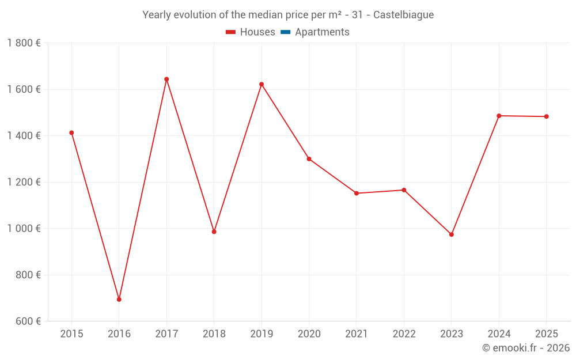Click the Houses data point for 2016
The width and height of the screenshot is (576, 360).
(119, 300)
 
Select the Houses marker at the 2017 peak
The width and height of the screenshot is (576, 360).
(166, 79)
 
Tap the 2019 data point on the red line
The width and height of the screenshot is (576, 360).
(262, 84)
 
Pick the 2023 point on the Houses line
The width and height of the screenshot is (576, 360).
(452, 234)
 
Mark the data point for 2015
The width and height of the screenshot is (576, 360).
(71, 133)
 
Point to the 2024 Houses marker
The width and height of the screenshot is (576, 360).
(499, 116)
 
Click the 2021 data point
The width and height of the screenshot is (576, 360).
(357, 194)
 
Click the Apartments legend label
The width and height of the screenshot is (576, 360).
(322, 32)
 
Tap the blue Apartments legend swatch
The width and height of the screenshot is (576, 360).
(285, 32)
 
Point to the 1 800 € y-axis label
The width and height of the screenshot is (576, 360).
(24, 43)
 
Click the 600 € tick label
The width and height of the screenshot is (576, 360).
(27, 321)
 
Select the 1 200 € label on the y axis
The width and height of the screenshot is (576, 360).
(24, 182)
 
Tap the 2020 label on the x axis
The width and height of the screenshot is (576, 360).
(309, 334)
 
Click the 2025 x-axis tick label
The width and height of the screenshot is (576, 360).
(546, 334)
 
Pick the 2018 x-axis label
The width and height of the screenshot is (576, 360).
(214, 334)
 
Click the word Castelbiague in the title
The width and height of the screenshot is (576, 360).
(403, 15)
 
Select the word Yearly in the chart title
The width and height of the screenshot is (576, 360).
(157, 15)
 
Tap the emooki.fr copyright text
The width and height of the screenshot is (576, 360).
(525, 348)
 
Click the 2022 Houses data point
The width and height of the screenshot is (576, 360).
(404, 190)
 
